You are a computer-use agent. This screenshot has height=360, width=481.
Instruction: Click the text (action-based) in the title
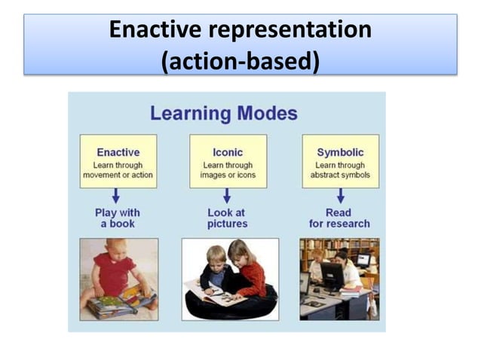point(240,60)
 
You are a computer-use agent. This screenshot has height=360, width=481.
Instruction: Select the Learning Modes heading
point(224,114)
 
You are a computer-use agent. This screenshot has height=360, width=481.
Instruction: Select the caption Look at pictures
point(227,218)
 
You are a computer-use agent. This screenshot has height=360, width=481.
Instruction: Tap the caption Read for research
point(339,218)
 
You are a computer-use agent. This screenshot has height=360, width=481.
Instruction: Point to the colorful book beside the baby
point(121,303)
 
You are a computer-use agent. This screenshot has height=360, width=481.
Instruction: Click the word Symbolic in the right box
point(341,152)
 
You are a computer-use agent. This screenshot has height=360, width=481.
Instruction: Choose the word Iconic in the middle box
point(228,152)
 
